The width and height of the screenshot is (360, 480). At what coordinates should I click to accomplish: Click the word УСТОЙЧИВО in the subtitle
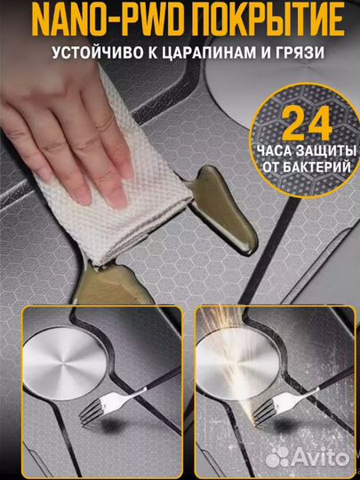tap(95, 52)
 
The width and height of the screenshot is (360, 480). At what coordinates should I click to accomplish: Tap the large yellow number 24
tap(307, 123)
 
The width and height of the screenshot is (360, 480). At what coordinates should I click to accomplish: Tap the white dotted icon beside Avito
tap(277, 458)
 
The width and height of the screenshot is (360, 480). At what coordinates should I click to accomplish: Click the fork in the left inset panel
tap(113, 404)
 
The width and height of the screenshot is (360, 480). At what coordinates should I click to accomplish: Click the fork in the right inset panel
tap(285, 404)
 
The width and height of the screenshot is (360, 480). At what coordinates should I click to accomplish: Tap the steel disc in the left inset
tap(64, 364)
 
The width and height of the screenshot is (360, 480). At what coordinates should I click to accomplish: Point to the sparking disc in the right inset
tap(237, 364)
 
